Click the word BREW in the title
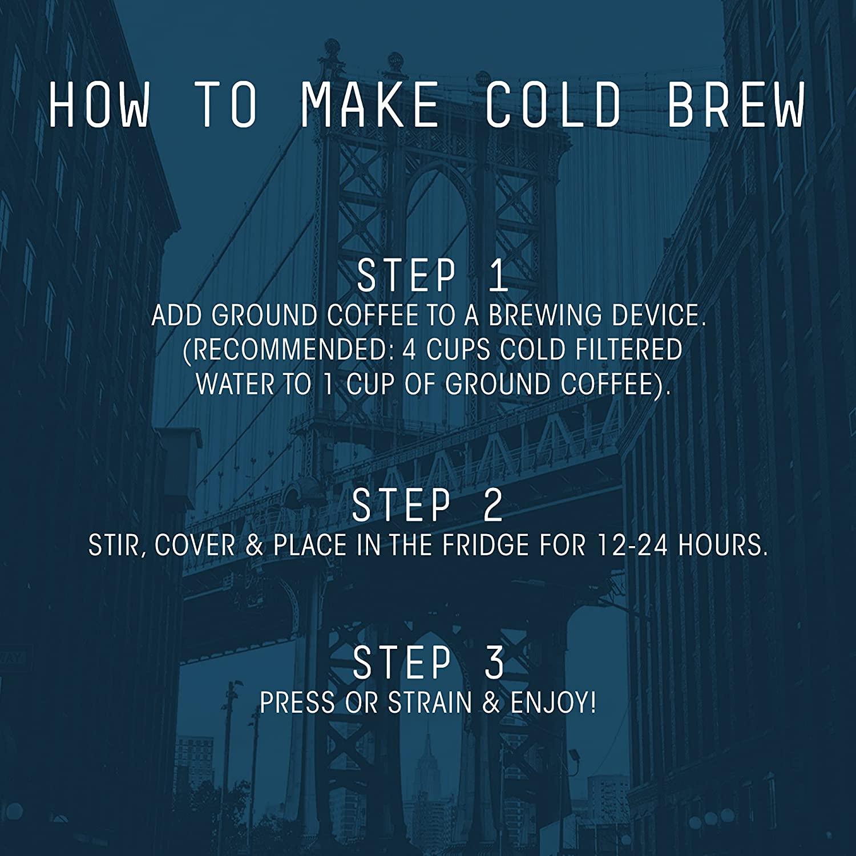click(x=736, y=105)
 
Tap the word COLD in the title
click(x=552, y=105)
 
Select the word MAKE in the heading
click(x=370, y=105)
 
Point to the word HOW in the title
click(x=100, y=105)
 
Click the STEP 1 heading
click(x=432, y=276)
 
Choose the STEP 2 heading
click(x=427, y=506)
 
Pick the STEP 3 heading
click(x=429, y=663)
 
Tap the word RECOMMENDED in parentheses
click(x=288, y=350)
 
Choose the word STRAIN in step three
click(x=430, y=702)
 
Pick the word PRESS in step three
click(x=297, y=702)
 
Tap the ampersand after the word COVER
click(x=254, y=546)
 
